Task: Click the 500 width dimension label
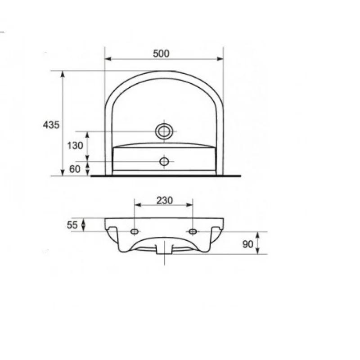(161, 54)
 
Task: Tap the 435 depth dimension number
(51, 125)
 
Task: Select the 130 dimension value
(75, 145)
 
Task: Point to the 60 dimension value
(75, 169)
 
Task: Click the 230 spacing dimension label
(164, 201)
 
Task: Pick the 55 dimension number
(72, 225)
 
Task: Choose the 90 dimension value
(248, 244)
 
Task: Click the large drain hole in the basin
(164, 131)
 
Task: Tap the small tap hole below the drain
(164, 162)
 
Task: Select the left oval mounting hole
(135, 231)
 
